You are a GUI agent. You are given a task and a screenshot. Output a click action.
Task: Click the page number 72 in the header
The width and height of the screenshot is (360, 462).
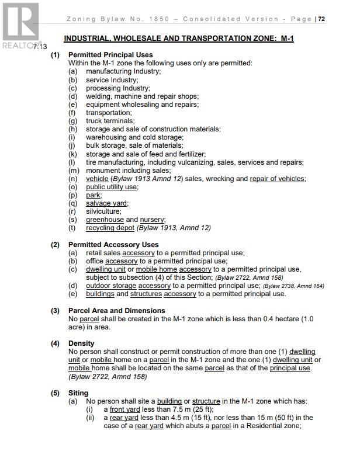tap(322, 19)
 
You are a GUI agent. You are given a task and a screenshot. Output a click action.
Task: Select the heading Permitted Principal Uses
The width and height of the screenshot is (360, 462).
tap(110, 55)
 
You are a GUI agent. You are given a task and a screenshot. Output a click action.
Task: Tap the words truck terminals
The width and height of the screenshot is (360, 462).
tap(110, 121)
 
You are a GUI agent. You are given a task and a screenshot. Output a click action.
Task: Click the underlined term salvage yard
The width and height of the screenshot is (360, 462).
tap(106, 203)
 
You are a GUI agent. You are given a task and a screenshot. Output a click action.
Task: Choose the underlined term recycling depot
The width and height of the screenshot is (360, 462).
tap(110, 228)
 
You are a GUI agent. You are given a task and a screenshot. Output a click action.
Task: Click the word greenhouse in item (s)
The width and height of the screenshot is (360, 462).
tap(105, 220)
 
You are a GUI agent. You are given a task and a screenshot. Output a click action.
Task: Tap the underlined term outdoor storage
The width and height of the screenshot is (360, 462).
tap(110, 286)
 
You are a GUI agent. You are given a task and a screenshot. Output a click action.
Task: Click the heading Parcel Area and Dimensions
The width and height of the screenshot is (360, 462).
tap(116, 311)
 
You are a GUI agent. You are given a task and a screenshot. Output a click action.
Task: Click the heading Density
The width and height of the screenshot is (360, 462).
tap(81, 343)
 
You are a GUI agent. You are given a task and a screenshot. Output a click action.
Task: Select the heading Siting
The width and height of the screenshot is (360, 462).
tap(78, 393)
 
